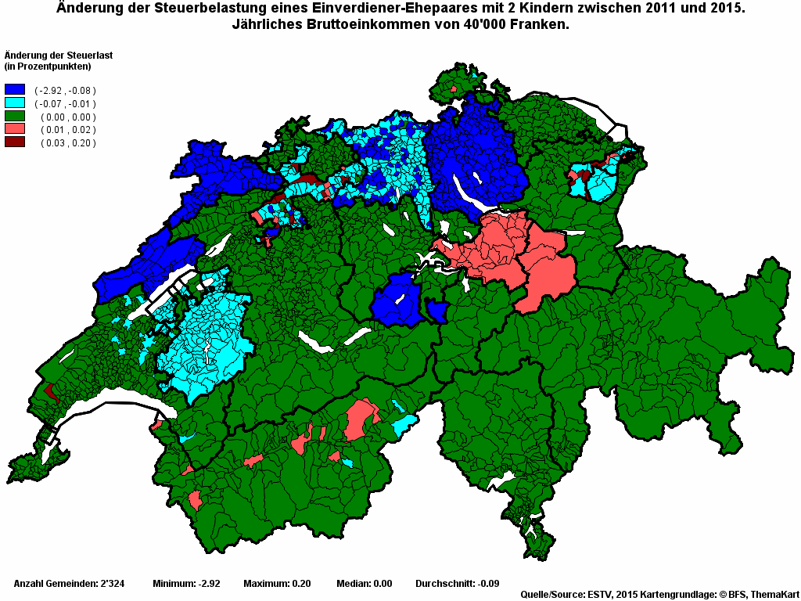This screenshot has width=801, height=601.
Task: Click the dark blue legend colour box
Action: (x=15, y=90)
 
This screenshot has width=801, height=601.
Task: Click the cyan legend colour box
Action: (x=15, y=103)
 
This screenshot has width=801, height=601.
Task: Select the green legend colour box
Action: (x=15, y=117)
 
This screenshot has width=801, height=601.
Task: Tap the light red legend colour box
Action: (x=15, y=129)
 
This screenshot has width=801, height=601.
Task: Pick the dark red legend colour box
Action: (x=15, y=142)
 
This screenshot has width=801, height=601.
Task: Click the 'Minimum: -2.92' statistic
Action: (x=186, y=584)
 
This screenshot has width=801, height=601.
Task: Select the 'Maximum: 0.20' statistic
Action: (x=277, y=584)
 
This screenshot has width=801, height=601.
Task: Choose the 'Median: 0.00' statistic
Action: (x=364, y=584)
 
